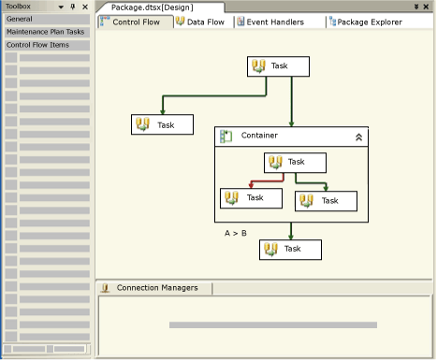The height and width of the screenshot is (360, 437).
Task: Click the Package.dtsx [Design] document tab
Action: (x=153, y=7)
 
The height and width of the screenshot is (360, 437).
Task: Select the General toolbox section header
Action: (x=47, y=19)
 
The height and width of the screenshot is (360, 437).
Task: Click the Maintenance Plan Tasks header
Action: (x=47, y=31)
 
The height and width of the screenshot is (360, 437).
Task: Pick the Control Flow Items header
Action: (x=47, y=44)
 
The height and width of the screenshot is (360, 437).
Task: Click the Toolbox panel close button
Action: (x=85, y=7)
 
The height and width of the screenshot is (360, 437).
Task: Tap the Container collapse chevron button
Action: (x=358, y=137)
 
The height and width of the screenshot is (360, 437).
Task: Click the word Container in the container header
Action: (x=259, y=137)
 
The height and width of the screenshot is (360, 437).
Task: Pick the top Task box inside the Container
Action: (x=296, y=162)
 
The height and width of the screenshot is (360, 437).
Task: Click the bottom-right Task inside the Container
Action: (x=327, y=200)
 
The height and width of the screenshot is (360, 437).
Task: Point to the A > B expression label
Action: (x=236, y=233)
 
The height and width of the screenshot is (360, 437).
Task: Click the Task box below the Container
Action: (x=290, y=249)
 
